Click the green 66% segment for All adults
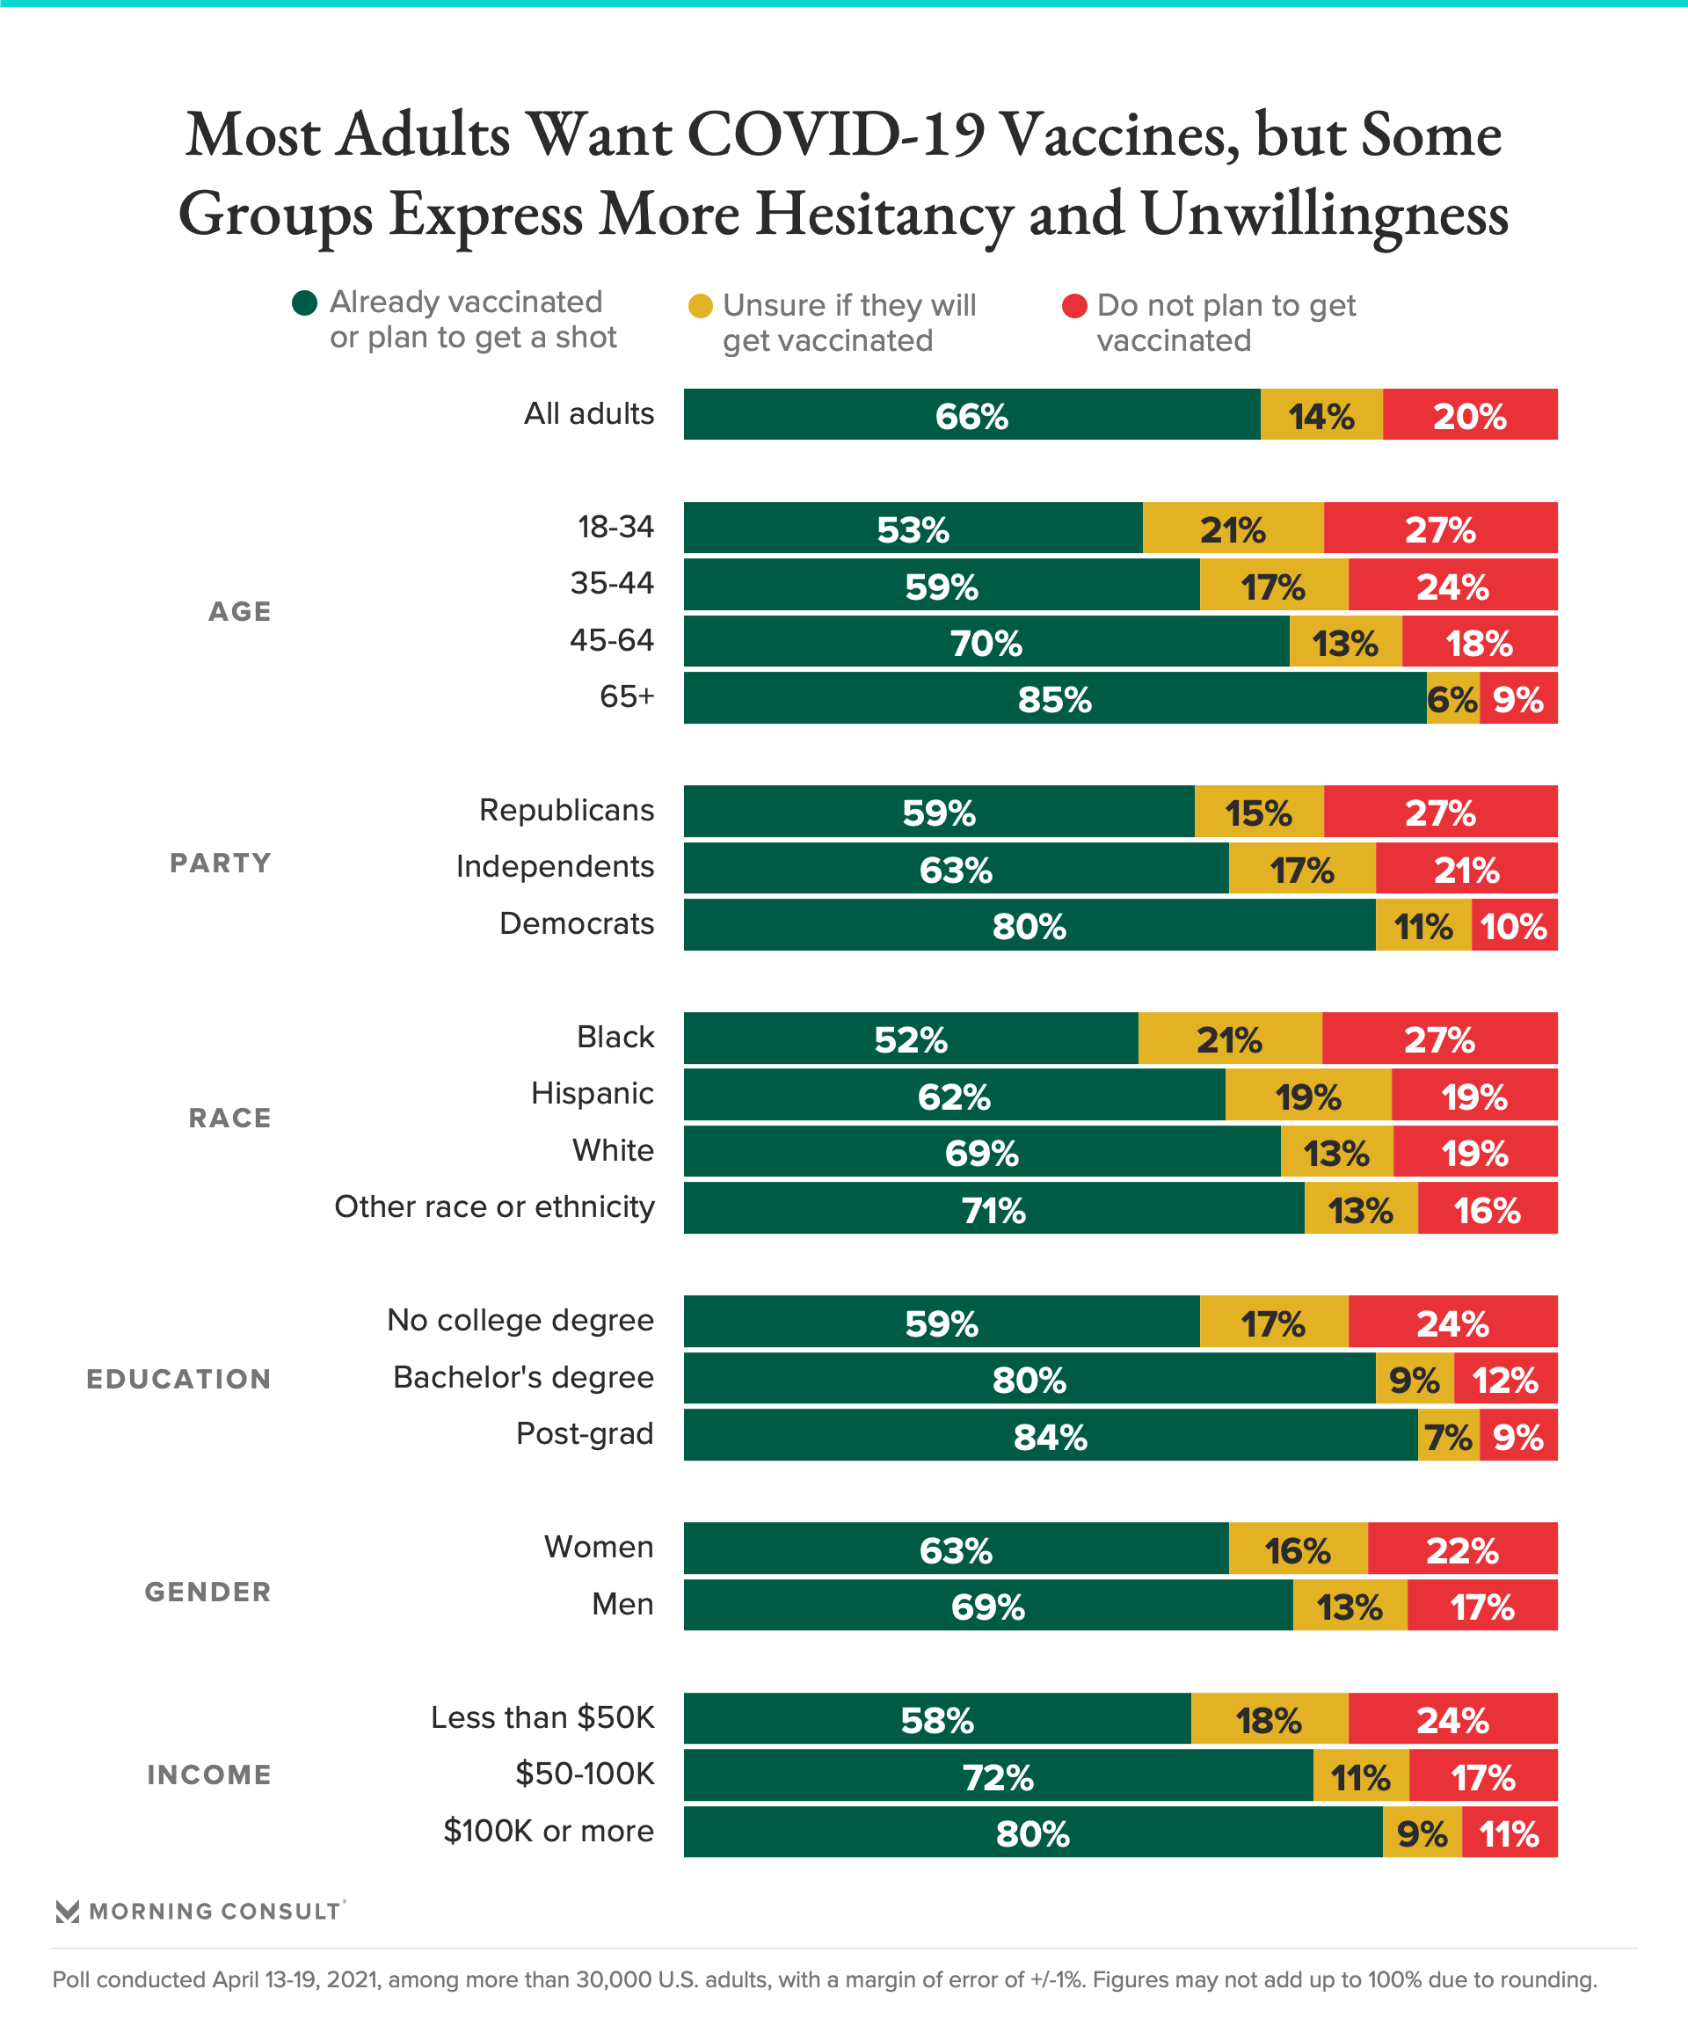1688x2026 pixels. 971,415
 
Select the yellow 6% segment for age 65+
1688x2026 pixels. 1452,698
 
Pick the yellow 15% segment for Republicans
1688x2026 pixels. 1259,812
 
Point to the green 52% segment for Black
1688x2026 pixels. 911,1039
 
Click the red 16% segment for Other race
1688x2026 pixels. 1488,1209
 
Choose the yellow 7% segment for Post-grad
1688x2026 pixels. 1449,1436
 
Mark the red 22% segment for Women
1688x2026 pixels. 1462,1549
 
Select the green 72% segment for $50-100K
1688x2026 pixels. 999,1776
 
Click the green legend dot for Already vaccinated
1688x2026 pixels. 305,303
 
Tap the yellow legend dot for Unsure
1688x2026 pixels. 701,306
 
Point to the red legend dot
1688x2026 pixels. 1074,306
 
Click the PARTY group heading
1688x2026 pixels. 221,863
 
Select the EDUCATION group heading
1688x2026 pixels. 179,1379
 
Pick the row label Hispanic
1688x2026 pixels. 593,1093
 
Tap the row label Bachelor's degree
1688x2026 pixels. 523,1377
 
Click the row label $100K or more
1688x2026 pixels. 548,1830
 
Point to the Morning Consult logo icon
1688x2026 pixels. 68,1911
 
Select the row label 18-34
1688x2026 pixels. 615,527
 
